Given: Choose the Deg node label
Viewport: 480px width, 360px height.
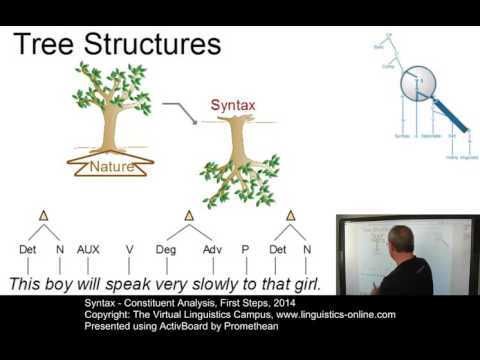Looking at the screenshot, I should click(165, 249).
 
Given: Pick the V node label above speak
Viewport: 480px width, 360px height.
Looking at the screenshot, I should click(129, 249).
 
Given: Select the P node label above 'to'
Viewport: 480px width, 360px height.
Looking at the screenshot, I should click(244, 249).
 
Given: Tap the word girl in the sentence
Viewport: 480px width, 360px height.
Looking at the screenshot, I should click(303, 284).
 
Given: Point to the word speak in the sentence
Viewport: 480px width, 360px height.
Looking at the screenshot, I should click(138, 284).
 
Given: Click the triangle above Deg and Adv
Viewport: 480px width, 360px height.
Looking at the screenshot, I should click(188, 215).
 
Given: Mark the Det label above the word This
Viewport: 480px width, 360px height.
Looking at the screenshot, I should click(28, 249).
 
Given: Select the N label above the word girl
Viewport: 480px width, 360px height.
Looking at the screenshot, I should click(307, 249).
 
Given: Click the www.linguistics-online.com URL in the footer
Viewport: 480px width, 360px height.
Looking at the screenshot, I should click(320, 314).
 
